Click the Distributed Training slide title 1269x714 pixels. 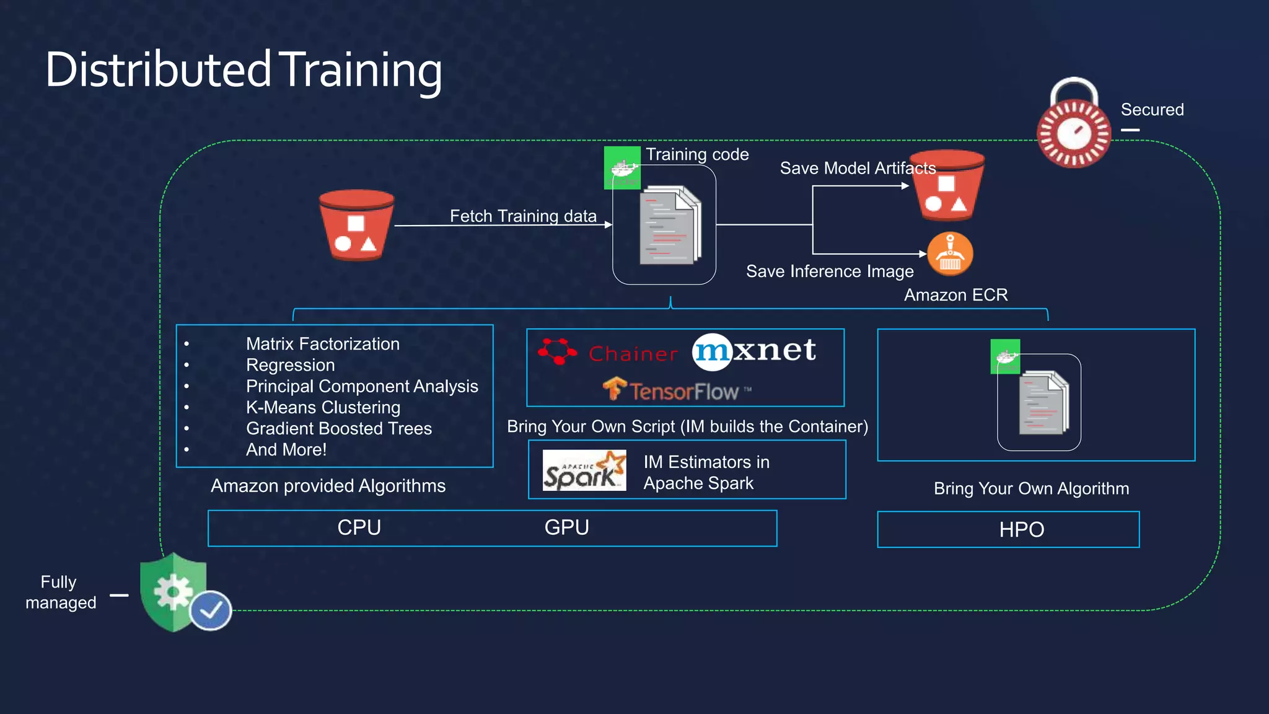(244, 69)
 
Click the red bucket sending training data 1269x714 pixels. (356, 226)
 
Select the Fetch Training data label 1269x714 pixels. (523, 216)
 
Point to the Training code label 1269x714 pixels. (697, 154)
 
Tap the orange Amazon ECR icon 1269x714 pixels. (950, 254)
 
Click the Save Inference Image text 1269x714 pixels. (829, 271)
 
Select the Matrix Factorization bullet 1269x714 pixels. (322, 344)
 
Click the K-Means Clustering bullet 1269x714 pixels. (323, 407)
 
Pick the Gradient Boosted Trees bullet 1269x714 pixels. (338, 428)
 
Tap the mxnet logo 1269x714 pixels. (754, 351)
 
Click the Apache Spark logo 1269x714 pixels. (584, 471)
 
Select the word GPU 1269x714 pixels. (566, 527)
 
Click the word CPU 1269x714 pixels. (359, 527)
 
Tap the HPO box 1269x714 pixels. (1008, 529)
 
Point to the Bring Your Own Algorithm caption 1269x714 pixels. (1031, 488)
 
